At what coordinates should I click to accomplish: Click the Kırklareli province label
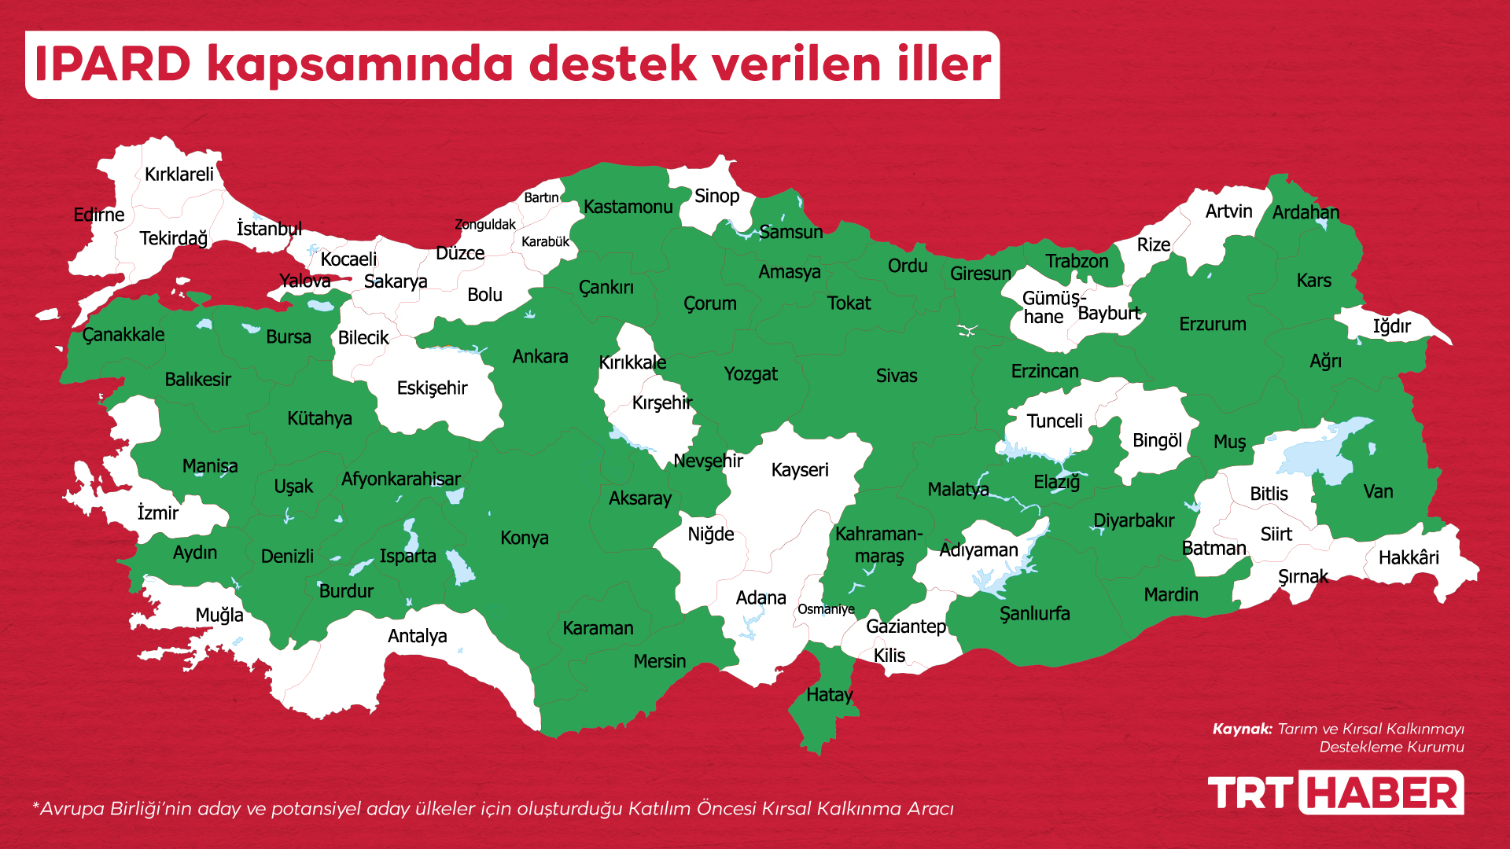tap(179, 175)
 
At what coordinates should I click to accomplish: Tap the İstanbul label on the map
tap(269, 229)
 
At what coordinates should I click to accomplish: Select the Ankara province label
tap(540, 357)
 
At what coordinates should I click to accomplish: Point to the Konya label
tap(525, 538)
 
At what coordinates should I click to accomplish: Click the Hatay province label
tap(829, 695)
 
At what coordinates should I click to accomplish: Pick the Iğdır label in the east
tap(1391, 326)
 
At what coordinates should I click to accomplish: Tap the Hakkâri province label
tap(1409, 558)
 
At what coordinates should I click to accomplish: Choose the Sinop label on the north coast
tap(716, 197)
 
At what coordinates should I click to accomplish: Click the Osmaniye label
tap(825, 609)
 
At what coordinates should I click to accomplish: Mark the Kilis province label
tap(889, 656)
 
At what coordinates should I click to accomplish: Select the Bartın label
tap(541, 197)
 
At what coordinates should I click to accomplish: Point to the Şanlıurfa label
tap(1034, 614)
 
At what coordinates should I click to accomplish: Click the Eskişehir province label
tap(432, 388)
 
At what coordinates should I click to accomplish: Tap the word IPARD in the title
tap(112, 64)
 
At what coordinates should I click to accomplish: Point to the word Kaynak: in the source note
tap(1242, 729)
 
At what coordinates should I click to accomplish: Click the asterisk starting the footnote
tap(35, 806)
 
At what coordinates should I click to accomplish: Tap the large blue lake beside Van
tap(1321, 456)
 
